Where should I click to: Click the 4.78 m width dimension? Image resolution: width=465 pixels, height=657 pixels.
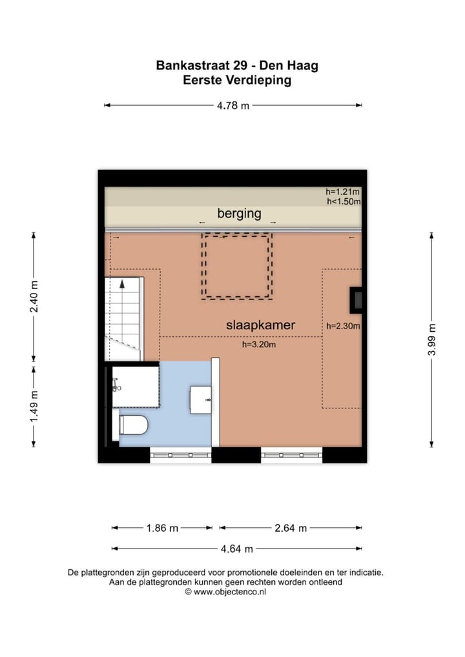(233, 106)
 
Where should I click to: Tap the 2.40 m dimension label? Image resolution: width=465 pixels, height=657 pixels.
(34, 297)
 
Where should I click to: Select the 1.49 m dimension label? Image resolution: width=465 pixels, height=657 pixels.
(34, 407)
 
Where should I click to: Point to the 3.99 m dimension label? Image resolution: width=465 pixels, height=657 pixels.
(431, 340)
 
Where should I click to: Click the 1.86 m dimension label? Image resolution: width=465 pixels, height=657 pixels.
(162, 528)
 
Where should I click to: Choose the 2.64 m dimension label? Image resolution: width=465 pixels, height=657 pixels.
(291, 528)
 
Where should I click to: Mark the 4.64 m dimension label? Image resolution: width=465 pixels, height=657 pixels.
(237, 549)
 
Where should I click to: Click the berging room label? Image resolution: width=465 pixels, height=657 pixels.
(239, 214)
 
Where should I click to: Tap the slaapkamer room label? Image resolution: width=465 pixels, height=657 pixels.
(260, 325)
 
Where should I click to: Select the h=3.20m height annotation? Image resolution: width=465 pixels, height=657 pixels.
(259, 345)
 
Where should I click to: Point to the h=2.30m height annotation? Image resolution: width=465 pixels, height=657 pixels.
(343, 326)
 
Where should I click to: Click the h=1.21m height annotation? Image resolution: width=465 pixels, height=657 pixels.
(342, 192)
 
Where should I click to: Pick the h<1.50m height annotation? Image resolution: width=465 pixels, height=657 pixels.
(344, 201)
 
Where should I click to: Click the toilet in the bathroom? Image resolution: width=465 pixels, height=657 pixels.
(133, 425)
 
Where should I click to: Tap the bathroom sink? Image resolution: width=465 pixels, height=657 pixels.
(200, 399)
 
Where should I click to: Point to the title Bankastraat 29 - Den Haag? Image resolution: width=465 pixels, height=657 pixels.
(237, 65)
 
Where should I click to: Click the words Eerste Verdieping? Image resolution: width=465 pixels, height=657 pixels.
(237, 80)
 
